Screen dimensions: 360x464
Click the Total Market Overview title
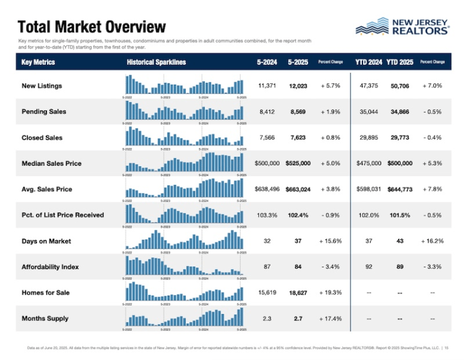click(92, 27)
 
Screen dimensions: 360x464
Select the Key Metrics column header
click(38, 62)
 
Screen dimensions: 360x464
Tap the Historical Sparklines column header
click(156, 62)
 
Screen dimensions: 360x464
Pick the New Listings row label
click(41, 86)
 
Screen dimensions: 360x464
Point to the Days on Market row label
click(46, 241)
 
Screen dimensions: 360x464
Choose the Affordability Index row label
click(50, 267)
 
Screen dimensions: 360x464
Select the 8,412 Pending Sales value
click(267, 112)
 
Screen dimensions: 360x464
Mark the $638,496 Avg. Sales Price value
click(267, 189)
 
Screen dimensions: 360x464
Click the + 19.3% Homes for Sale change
click(331, 293)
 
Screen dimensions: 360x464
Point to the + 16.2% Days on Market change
click(431, 241)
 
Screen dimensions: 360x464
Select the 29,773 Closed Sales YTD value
click(400, 138)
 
